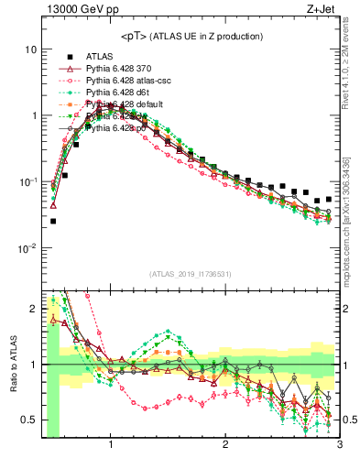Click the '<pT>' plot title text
pyautogui.click(x=190, y=36)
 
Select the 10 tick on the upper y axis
pyautogui.click(x=32, y=49)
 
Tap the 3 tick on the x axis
pyautogui.click(x=339, y=446)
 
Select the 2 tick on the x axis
pyautogui.click(x=225, y=446)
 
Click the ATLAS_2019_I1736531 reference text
pyautogui.click(x=191, y=273)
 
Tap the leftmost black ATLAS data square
pyautogui.click(x=53, y=221)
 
